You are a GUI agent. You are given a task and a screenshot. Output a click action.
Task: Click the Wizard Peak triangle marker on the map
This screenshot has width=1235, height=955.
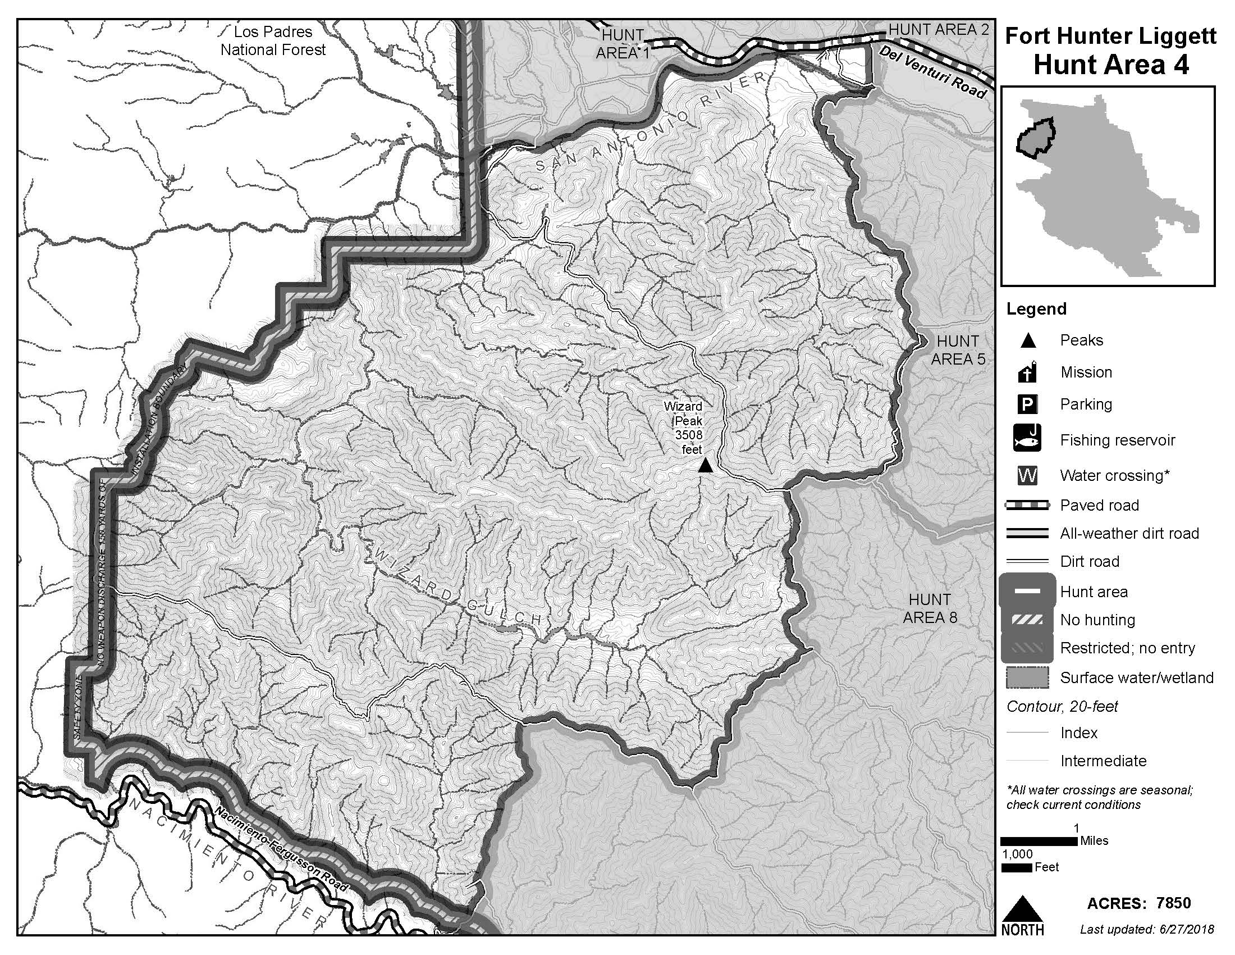(x=705, y=466)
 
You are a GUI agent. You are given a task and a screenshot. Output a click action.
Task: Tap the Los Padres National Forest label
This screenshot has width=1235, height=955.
(x=273, y=41)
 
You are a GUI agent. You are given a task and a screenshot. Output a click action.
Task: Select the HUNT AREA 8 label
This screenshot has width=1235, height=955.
(x=930, y=608)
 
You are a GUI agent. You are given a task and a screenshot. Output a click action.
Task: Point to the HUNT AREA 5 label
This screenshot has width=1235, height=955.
(x=957, y=349)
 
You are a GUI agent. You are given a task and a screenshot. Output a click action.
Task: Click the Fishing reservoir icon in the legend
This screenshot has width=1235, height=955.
(x=1027, y=440)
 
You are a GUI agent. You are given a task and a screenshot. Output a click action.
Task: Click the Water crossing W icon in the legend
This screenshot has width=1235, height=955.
(x=1027, y=475)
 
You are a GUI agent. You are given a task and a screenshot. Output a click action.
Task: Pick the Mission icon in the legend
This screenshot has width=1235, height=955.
(x=1027, y=372)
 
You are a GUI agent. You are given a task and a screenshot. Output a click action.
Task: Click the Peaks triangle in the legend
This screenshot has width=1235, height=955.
(x=1027, y=340)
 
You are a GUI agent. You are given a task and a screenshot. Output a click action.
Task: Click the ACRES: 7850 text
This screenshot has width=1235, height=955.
(x=1138, y=903)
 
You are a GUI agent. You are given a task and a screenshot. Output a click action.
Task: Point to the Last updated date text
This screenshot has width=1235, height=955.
(x=1146, y=930)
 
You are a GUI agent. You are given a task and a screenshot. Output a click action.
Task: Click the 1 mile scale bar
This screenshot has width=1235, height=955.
(x=1039, y=842)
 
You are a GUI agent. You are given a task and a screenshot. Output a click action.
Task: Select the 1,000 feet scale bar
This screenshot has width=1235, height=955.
(x=1016, y=867)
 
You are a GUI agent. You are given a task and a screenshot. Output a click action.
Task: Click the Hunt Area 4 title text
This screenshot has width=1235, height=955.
(x=1110, y=65)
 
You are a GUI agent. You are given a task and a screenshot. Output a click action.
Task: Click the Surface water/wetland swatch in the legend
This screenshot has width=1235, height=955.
(x=1027, y=677)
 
